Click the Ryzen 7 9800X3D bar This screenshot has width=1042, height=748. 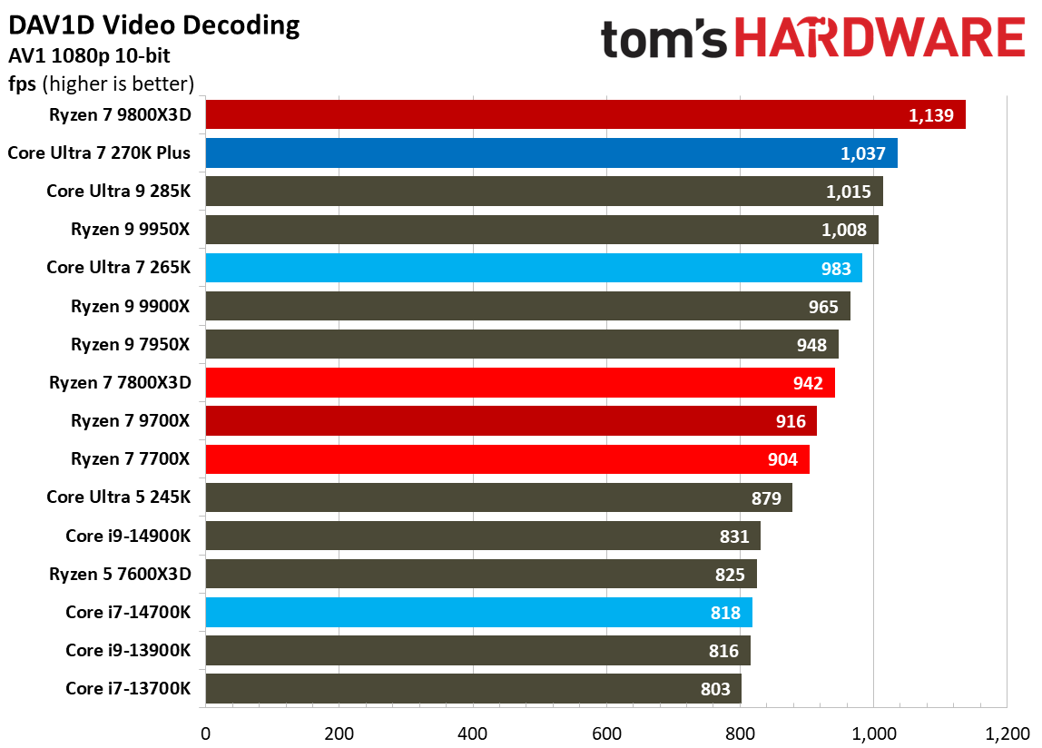pos(585,114)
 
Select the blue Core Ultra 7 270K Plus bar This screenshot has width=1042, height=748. pos(551,153)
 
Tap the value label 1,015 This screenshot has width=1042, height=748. pos(849,192)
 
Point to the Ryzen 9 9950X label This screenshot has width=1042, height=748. pos(131,230)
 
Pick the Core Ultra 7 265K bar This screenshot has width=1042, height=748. pos(533,268)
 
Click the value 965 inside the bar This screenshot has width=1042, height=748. pos(823,307)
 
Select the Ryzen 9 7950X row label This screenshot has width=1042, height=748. pos(131,345)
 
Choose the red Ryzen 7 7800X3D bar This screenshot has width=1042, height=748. pos(519,383)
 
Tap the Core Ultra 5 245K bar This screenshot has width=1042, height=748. pos(498,497)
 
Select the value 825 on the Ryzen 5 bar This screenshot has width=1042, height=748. pos(730,575)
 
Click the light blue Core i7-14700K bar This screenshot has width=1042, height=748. pos(478,613)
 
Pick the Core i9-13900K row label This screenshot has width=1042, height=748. pos(128,651)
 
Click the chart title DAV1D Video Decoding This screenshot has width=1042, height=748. pos(154,25)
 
